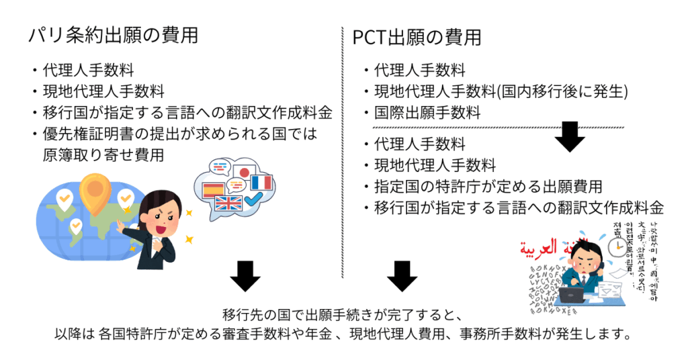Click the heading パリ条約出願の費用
click(113, 35)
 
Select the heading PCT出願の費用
click(417, 38)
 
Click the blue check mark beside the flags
click(254, 199)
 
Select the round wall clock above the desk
click(616, 248)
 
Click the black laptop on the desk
click(573, 294)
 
